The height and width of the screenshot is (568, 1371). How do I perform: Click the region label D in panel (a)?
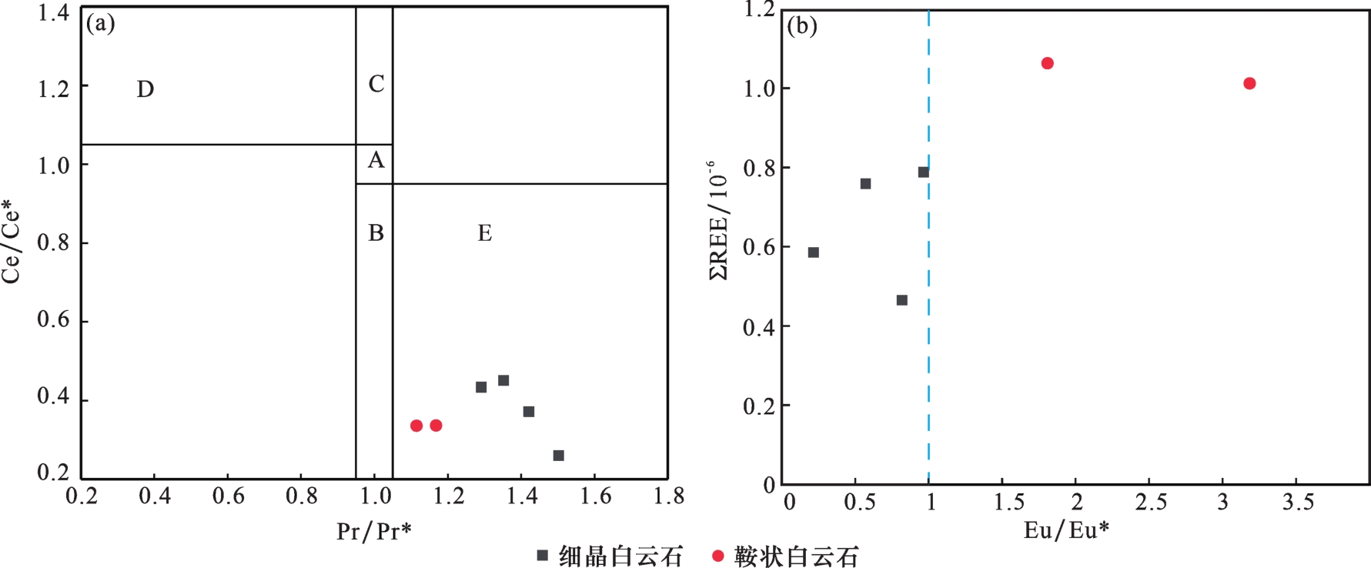point(145,89)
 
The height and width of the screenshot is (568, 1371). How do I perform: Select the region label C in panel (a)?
point(376,84)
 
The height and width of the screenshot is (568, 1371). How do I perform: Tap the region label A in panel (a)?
point(376,160)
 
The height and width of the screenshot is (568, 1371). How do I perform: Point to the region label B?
point(376,232)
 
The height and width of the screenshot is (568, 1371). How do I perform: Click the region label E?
point(484,232)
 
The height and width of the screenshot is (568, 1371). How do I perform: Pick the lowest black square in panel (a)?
point(559,456)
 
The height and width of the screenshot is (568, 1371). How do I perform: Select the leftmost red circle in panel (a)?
point(416,426)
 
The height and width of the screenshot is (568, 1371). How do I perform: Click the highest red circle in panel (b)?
point(1048,63)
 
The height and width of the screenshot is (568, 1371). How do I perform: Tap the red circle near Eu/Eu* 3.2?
point(1249,83)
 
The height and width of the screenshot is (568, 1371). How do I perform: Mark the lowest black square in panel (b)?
point(902,300)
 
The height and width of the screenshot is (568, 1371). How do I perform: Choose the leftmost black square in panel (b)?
point(814,252)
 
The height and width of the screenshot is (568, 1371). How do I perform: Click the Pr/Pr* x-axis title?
point(374,531)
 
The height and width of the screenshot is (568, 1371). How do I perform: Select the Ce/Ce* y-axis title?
point(12,242)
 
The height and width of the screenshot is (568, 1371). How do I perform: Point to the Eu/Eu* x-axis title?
point(1066,530)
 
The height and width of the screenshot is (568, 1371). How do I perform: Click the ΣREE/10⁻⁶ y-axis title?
point(717,221)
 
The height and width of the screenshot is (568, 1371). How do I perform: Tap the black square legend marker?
point(543,556)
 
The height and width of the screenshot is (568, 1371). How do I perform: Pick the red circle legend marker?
point(718,556)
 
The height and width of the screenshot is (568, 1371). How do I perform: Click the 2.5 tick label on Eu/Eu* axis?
point(1152,503)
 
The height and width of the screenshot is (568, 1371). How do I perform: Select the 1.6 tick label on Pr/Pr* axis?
point(595,496)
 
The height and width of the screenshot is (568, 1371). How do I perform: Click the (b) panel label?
point(801,26)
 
